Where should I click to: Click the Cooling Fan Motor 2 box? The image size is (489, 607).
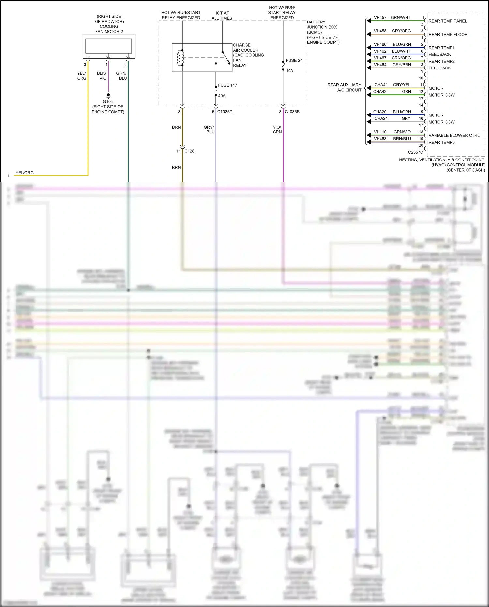[109, 46]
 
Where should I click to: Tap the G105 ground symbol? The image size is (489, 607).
[108, 96]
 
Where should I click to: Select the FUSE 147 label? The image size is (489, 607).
[228, 85]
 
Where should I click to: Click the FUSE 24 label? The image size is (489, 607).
[294, 60]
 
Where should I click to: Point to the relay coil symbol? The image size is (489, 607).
[179, 58]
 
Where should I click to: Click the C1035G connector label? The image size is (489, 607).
[225, 112]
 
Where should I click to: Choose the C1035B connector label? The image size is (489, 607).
[292, 112]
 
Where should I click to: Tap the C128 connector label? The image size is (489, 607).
[189, 151]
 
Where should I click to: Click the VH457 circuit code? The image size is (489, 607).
[380, 18]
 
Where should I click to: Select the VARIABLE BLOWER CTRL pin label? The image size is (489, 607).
[454, 135]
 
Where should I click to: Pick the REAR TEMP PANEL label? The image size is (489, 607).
[448, 21]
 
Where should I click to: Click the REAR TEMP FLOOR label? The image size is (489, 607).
[448, 34]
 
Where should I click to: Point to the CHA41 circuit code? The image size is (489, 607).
[381, 85]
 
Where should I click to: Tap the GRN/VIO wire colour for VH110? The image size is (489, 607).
[402, 132]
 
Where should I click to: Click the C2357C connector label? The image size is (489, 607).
[415, 152]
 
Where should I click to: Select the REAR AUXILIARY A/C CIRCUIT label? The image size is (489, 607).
[344, 87]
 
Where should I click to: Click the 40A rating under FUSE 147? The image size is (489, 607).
[222, 96]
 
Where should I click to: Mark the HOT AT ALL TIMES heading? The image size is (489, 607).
[222, 16]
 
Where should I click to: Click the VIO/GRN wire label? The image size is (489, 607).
[277, 129]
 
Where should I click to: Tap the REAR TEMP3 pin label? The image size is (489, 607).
[441, 142]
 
